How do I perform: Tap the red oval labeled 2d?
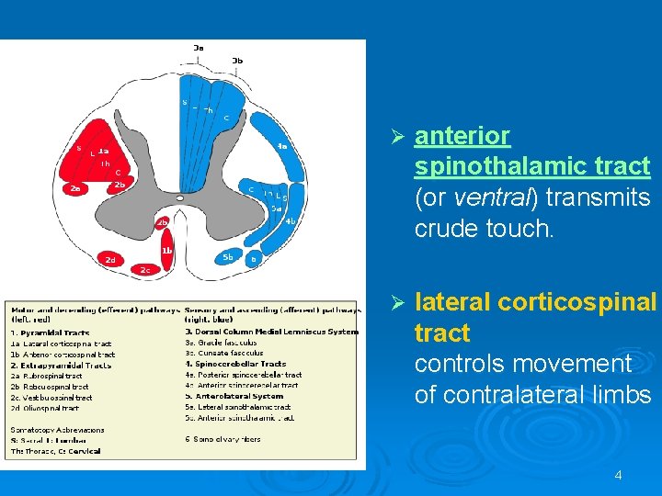point(111,260)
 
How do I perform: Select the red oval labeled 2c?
point(144,269)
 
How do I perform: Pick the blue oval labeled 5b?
point(228,257)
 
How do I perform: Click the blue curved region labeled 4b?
point(289,220)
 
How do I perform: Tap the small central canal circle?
point(180,197)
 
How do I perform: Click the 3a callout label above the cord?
point(199,47)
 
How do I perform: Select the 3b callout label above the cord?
point(237,61)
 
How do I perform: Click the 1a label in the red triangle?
point(104,152)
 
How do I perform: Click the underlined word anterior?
point(462,136)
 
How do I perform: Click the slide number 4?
point(618,475)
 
